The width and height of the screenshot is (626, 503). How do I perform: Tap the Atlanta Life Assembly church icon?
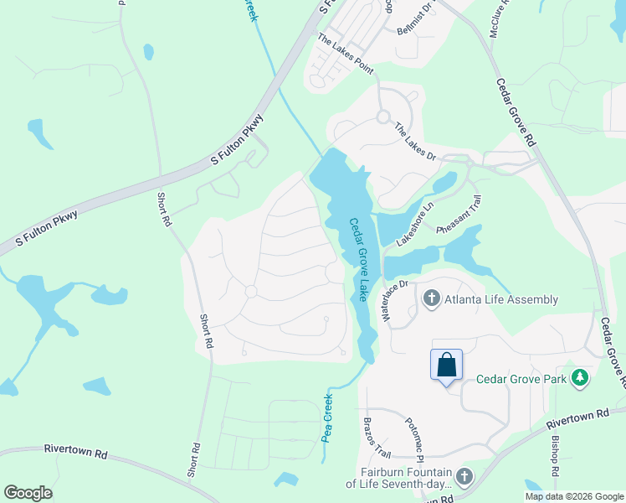[431, 298]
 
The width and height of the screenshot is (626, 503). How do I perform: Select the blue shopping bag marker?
[447, 365]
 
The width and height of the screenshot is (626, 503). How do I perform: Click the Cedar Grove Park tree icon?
[579, 378]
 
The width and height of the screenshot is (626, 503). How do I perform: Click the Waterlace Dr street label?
[393, 300]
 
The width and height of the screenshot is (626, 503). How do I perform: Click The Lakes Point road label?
[345, 54]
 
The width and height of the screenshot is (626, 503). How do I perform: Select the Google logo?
[28, 493]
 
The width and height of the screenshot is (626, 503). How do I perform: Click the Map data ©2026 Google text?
[573, 496]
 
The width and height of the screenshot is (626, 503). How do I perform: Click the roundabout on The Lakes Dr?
[384, 117]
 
